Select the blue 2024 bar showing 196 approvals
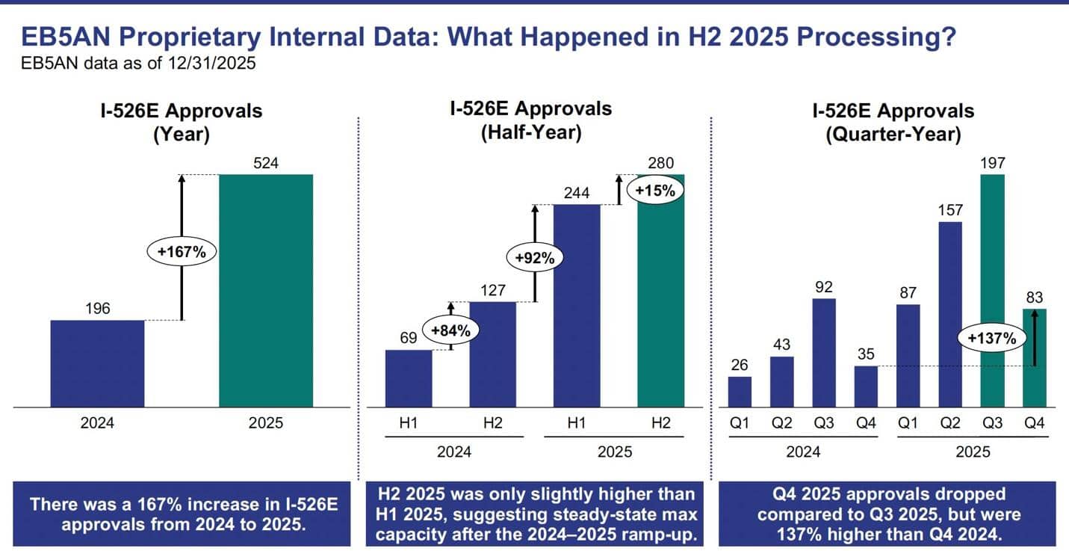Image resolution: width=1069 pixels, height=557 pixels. pos(97,363)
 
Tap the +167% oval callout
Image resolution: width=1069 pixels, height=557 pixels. pos(181,252)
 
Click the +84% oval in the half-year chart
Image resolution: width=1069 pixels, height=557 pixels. pos(450,330)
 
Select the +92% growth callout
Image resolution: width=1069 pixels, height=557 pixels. pos(534,258)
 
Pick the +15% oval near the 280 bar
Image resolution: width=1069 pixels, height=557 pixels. pos(654,190)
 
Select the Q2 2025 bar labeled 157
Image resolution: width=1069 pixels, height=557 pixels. pos(949,314)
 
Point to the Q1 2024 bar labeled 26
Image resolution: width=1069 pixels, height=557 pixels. pos(740,392)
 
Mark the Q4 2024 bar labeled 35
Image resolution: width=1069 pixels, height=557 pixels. pos(866,387)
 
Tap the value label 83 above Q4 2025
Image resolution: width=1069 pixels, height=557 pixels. pos(1034,297)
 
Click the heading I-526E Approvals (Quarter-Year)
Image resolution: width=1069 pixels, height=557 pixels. pos(893,123)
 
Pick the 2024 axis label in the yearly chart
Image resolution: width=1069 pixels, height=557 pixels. pos(97,423)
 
